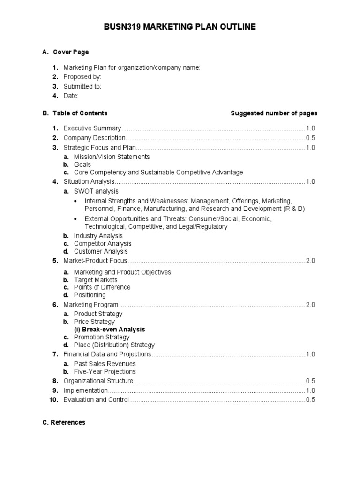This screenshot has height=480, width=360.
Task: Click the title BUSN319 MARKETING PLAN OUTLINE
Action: coord(180,27)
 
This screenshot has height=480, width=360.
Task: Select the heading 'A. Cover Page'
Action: coord(65,52)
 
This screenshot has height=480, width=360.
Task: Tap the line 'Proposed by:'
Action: coord(82,77)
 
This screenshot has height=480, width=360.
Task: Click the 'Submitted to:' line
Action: coord(82,86)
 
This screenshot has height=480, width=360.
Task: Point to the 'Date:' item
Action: coord(71,96)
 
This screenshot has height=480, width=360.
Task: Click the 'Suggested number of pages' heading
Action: coord(274,113)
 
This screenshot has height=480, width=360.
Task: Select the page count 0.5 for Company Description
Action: coord(310,138)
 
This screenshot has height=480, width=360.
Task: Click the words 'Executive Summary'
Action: coord(92,128)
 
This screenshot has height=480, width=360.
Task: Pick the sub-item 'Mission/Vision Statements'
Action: coord(112,157)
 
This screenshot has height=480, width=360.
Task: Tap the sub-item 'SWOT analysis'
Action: coord(96,191)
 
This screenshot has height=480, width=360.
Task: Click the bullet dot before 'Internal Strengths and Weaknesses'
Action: coord(76,201)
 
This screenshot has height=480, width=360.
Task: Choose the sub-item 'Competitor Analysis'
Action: coord(103,244)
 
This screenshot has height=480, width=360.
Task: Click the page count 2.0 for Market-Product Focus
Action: coord(310,261)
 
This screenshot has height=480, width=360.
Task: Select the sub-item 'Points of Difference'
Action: coord(102,287)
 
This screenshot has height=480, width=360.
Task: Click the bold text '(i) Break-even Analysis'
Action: coord(109,330)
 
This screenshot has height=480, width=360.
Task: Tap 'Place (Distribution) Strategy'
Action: coord(114,345)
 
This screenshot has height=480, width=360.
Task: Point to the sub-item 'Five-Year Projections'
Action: coord(105,371)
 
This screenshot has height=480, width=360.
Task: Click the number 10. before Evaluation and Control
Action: coord(53,400)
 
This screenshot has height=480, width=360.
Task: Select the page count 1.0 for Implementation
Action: coord(310,390)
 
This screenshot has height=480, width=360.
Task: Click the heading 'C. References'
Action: coord(64,422)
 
